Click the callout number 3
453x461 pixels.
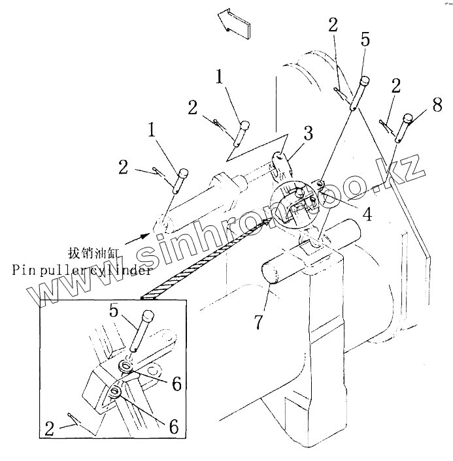coord(308,135)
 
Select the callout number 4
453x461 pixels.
coord(367,214)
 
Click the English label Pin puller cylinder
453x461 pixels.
coord(82,269)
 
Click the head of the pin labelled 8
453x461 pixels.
coord(409,118)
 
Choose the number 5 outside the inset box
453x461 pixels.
coord(364,39)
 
